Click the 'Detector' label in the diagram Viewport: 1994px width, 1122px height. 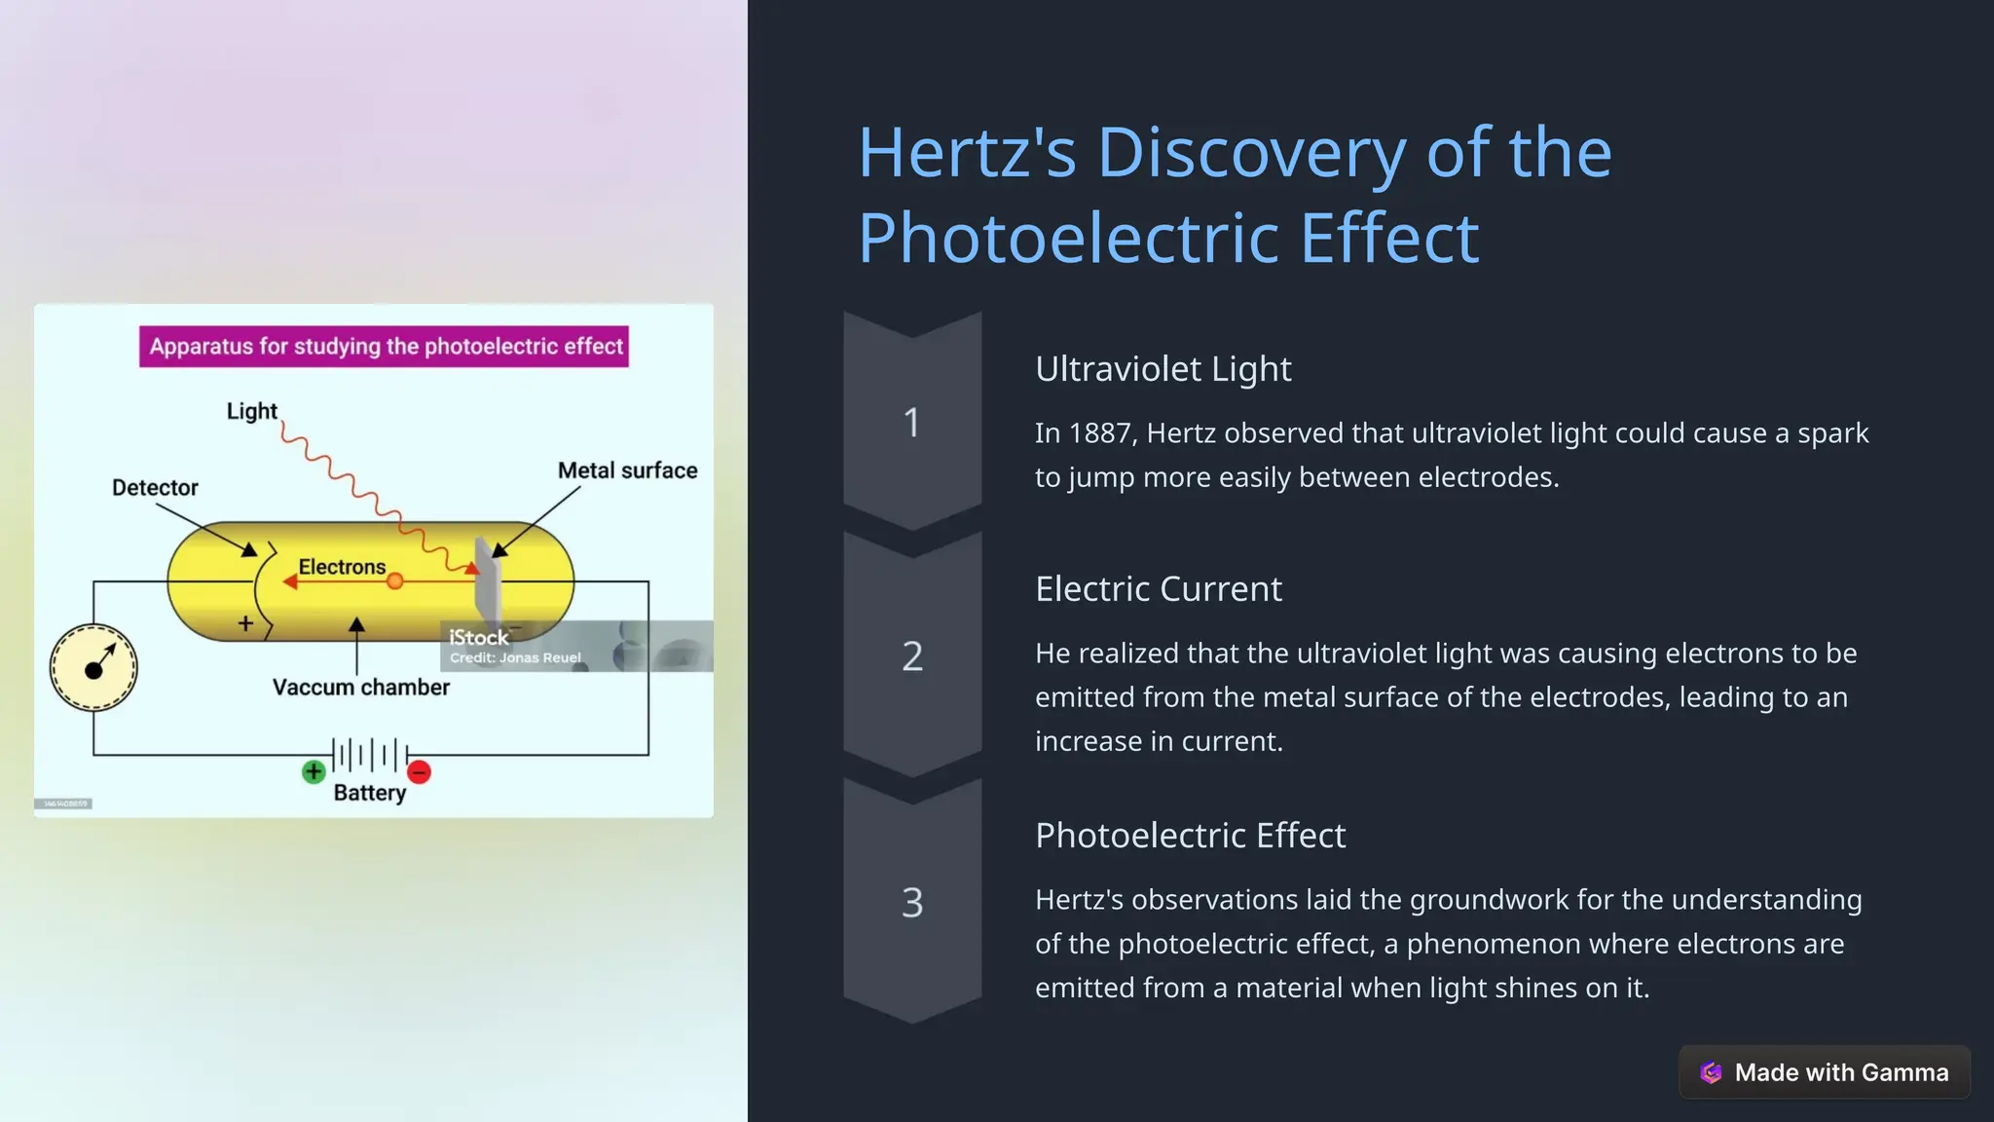click(x=155, y=487)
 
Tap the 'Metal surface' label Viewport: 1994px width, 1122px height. click(x=628, y=470)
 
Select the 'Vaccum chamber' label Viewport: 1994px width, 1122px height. click(x=361, y=688)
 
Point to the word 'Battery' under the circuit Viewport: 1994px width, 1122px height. click(x=370, y=793)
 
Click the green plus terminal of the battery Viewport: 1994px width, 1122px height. click(x=314, y=772)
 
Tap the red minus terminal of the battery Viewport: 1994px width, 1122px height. click(x=420, y=772)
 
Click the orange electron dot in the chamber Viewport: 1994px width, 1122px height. click(x=395, y=581)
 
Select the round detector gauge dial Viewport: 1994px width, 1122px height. click(x=93, y=668)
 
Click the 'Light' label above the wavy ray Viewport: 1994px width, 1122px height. click(x=252, y=411)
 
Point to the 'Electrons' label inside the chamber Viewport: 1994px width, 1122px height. click(x=342, y=567)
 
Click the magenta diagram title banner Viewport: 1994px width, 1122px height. click(x=384, y=347)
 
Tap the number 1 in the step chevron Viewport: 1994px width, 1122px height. click(x=911, y=423)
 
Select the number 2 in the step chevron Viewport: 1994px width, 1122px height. click(x=912, y=656)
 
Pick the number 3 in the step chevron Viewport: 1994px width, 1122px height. click(x=912, y=903)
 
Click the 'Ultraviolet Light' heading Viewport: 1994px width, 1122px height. click(x=1163, y=369)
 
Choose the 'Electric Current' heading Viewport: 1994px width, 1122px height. click(x=1159, y=589)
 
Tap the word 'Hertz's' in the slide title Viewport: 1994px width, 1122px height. click(x=967, y=153)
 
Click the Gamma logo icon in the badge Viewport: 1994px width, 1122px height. click(x=1711, y=1072)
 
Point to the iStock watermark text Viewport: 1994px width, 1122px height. click(x=478, y=638)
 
